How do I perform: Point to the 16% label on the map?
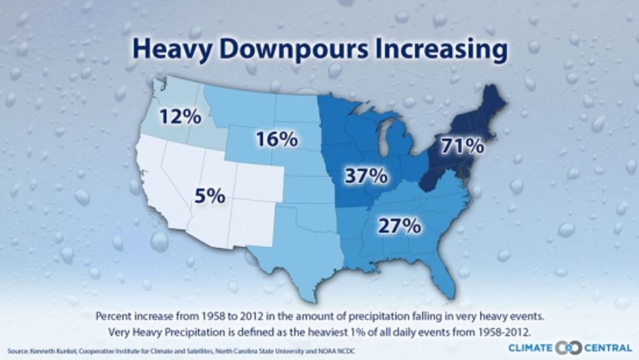pos(276,139)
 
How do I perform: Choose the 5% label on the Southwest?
pos(209,195)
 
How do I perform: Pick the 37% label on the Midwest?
pos(364,175)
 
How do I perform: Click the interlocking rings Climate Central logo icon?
pos(572,346)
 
